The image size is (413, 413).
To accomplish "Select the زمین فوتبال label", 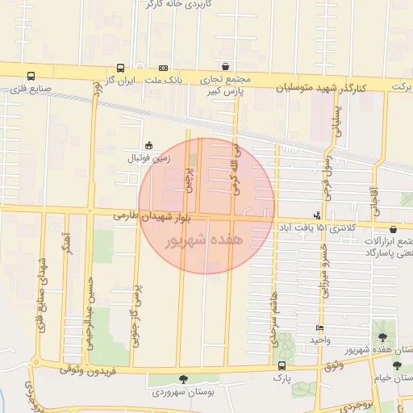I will point(146,157).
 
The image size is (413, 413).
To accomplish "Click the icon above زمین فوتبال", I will point(148,145).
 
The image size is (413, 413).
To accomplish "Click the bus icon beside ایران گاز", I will point(120,69).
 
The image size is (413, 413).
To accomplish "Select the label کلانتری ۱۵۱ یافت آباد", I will point(323,229).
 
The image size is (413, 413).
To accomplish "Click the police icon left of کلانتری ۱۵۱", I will point(318,215).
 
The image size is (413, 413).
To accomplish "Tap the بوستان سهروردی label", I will point(183,392).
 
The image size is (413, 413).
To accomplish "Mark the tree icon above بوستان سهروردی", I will point(183,378).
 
